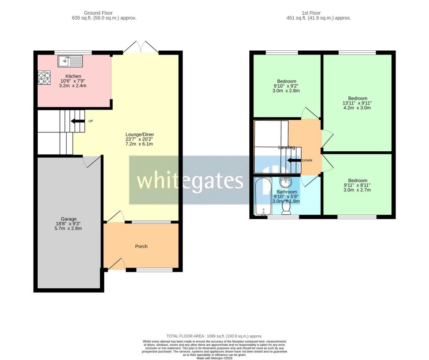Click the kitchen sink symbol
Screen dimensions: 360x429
[x=70, y=62]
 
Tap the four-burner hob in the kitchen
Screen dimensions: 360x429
[x=44, y=78]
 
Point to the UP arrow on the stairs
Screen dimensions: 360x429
[x=77, y=121]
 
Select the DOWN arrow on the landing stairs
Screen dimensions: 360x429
[x=295, y=160]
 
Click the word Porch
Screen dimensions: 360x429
[x=141, y=246]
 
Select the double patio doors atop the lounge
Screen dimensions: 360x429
[x=141, y=47]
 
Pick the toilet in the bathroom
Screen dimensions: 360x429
[x=287, y=207]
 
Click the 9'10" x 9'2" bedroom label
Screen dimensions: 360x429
[x=287, y=86]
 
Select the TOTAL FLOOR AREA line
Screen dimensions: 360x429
[x=214, y=336]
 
